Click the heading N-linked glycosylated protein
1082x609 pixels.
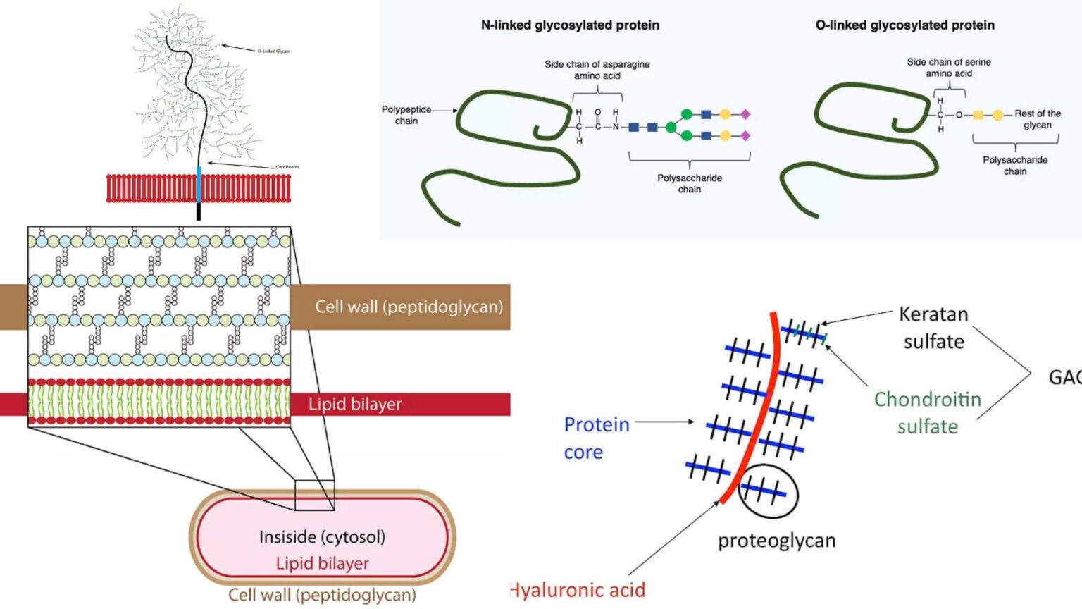(570, 25)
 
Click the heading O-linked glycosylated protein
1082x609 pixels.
(904, 25)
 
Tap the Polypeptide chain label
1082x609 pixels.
(406, 115)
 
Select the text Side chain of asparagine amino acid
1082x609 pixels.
(597, 70)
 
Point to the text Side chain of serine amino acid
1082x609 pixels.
(948, 68)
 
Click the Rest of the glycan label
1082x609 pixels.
(1037, 119)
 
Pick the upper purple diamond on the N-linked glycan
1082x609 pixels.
(745, 114)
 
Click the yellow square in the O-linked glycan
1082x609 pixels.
(978, 115)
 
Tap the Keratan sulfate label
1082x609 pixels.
(933, 328)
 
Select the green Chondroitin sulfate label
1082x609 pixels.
(927, 412)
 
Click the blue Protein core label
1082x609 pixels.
(596, 438)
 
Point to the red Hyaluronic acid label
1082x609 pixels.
(578, 590)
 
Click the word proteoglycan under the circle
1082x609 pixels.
(776, 541)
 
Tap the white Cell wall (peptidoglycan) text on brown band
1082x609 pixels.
(409, 307)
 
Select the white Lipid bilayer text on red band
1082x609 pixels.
(354, 405)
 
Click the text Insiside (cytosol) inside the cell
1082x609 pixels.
(322, 537)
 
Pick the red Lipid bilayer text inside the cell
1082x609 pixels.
(322, 563)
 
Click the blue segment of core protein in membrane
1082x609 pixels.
(199, 185)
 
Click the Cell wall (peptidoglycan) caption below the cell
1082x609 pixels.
(322, 595)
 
